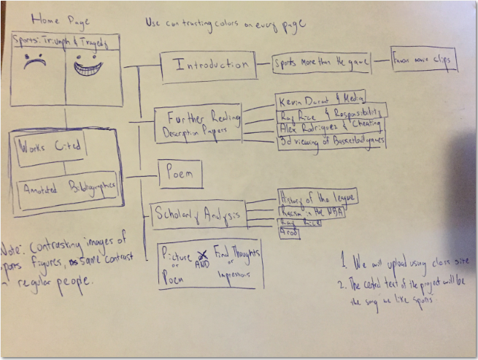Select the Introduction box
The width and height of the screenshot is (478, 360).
click(209, 65)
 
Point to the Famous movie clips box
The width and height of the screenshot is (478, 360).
click(424, 59)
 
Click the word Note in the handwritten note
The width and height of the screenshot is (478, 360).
click(12, 248)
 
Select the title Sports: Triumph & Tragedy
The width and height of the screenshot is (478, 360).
click(65, 43)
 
